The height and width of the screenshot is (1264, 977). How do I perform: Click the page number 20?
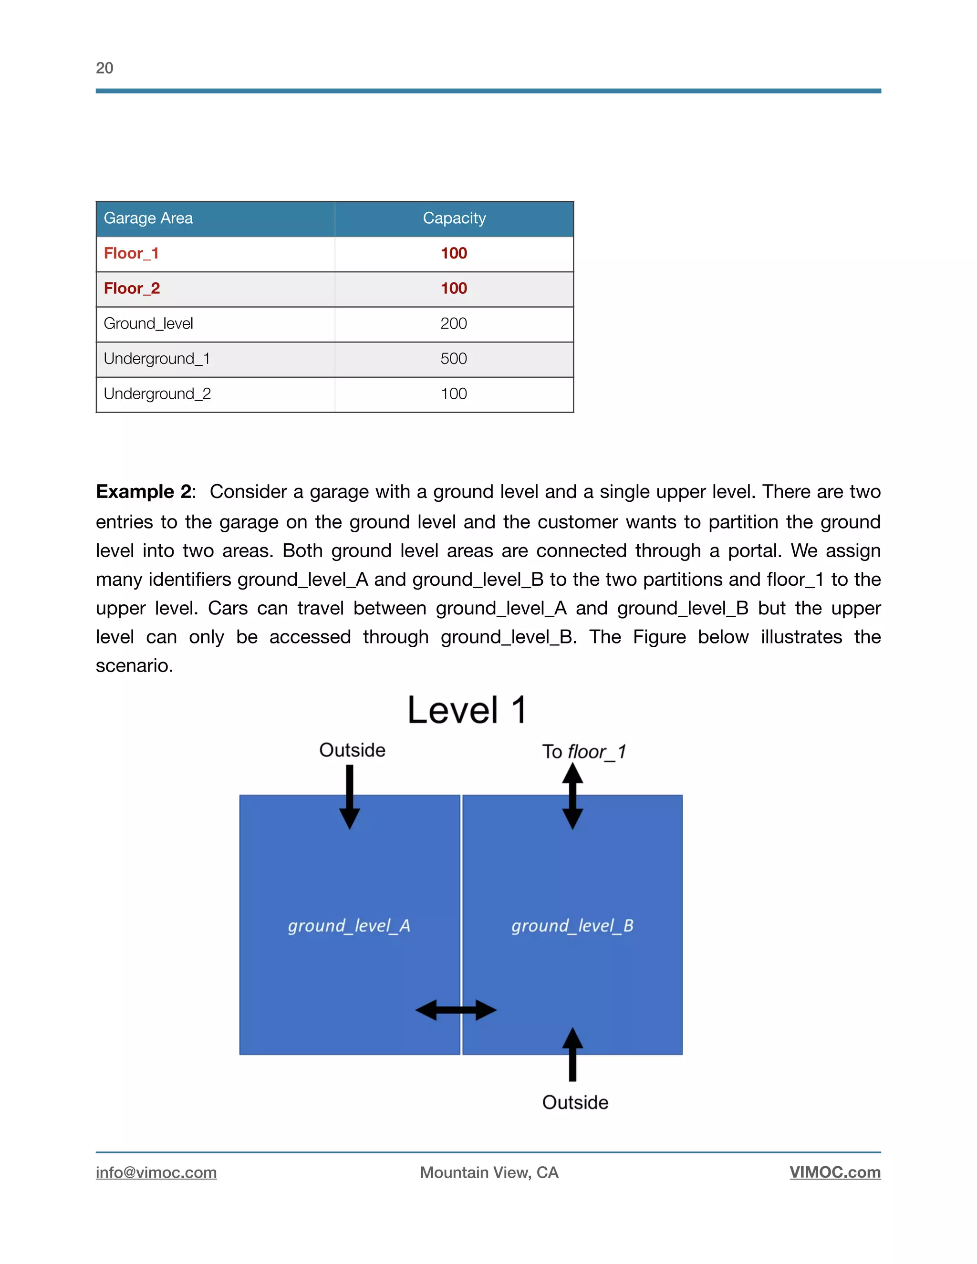[x=104, y=68]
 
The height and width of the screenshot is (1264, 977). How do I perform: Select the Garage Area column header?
[x=148, y=218]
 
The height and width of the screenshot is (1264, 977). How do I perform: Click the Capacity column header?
[x=454, y=218]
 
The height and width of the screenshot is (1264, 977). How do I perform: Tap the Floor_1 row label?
[x=131, y=253]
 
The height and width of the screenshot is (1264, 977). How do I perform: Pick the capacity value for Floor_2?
[x=454, y=288]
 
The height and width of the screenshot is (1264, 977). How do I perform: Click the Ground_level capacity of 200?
[x=454, y=323]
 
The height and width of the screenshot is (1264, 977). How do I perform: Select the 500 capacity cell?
[x=454, y=359]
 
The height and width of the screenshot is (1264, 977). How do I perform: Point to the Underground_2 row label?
[x=157, y=394]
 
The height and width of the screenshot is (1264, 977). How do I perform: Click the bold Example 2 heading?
[x=144, y=491]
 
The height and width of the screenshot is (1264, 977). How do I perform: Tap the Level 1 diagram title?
[x=467, y=710]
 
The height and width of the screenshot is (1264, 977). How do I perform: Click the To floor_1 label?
[x=584, y=752]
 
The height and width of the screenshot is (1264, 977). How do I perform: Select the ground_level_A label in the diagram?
[x=349, y=925]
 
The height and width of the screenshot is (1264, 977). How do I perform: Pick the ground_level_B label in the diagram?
[x=572, y=925]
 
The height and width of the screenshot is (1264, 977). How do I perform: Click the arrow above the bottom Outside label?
[x=572, y=1055]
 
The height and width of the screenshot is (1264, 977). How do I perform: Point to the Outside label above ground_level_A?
[x=352, y=750]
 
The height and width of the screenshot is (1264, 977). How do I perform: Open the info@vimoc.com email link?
[x=156, y=1172]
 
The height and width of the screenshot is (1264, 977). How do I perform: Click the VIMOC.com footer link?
[x=835, y=1172]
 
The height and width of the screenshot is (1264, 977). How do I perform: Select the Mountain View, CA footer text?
[x=489, y=1172]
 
